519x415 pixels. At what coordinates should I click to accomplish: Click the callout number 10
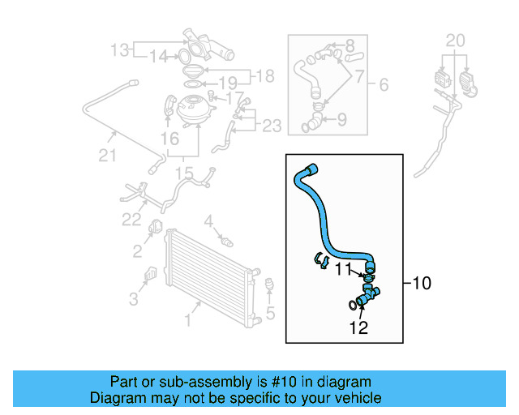[422, 284]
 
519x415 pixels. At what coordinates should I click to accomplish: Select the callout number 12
[358, 327]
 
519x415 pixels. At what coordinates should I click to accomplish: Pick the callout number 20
[456, 41]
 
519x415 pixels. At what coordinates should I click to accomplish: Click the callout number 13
[120, 50]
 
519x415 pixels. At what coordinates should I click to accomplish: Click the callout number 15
[185, 173]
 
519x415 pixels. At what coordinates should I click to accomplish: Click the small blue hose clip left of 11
[320, 261]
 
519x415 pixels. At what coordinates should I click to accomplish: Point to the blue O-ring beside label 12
[351, 305]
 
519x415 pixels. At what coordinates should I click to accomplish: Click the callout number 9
[342, 120]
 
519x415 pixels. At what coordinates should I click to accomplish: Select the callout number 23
[272, 126]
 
